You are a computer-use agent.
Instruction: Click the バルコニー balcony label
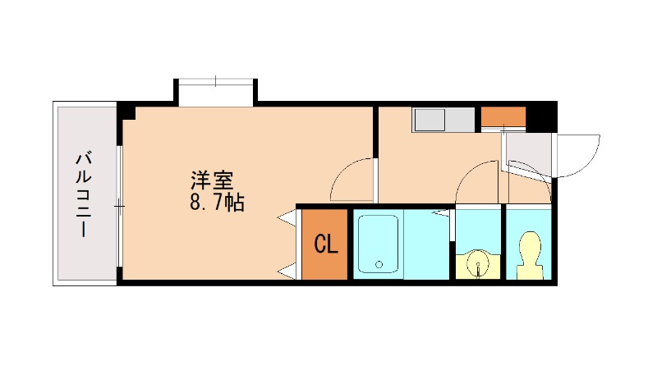pos(84,194)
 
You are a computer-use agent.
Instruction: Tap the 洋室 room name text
pos(211,179)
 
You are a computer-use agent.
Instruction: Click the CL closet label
pos(326,244)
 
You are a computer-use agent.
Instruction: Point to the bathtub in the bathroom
pos(379,244)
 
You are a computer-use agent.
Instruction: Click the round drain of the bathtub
pos(379,265)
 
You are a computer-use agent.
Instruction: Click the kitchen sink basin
pos(430,120)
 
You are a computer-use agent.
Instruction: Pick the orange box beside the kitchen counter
pos(503,116)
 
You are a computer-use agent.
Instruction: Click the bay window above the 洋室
pos(216,89)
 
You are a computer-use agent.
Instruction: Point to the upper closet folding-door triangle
pos(287,219)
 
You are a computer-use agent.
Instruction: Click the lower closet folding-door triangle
pos(287,271)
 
